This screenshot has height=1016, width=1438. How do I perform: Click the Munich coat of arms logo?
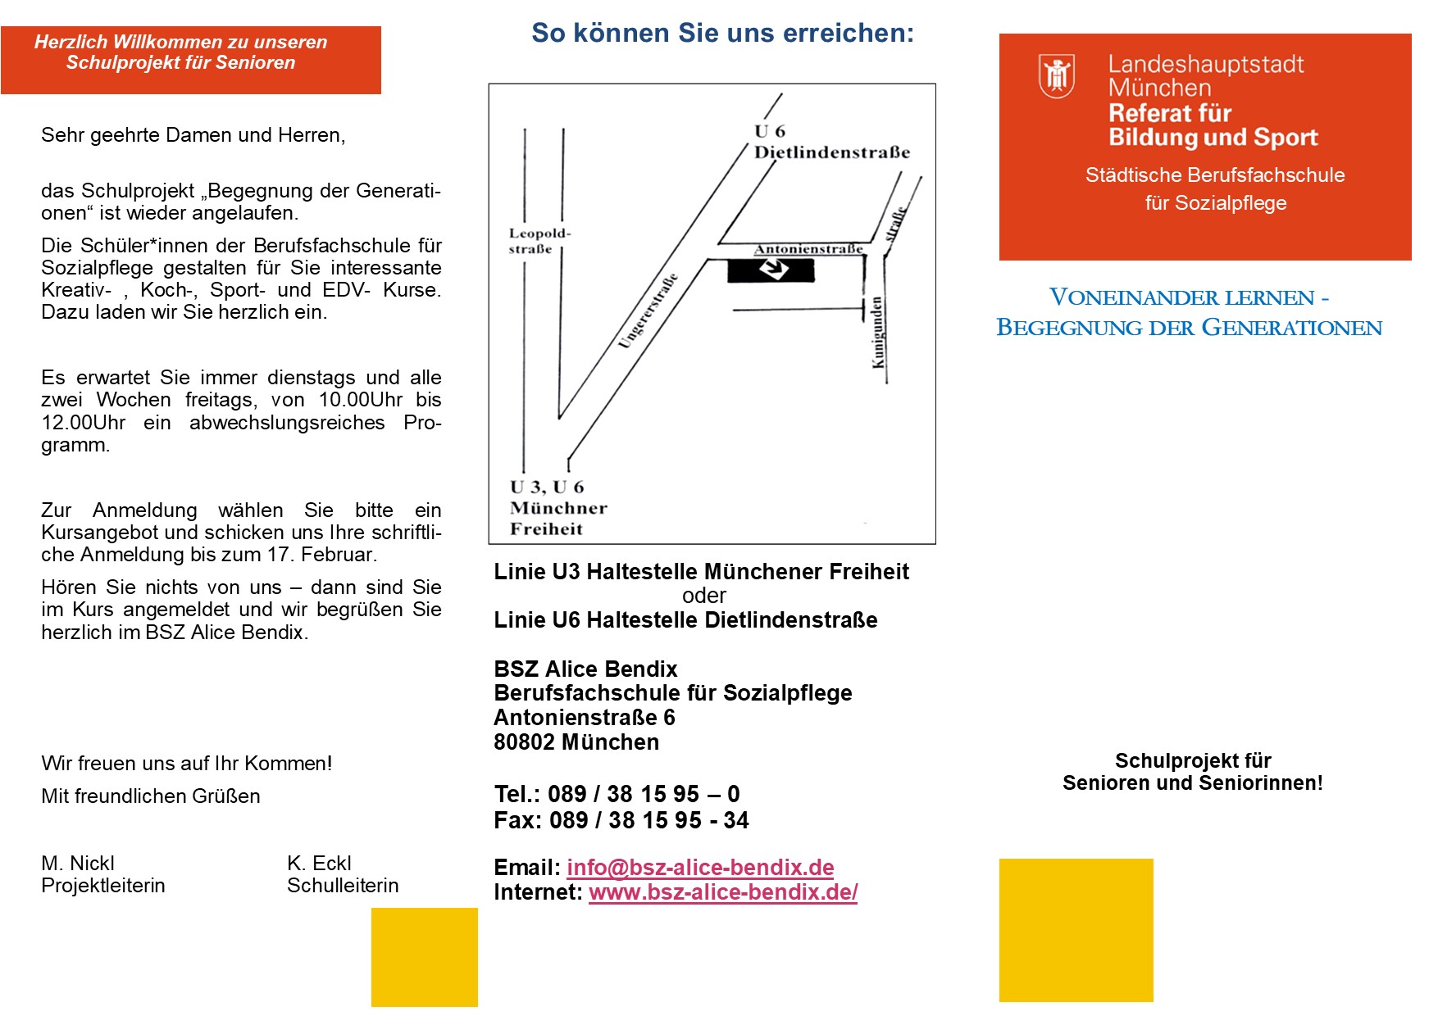point(1056,76)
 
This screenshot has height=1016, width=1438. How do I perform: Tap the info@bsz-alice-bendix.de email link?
point(700,867)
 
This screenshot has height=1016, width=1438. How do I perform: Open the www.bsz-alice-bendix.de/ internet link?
point(723,891)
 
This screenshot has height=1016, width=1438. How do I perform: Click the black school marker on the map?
point(771,270)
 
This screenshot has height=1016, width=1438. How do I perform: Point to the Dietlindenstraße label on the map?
point(831,152)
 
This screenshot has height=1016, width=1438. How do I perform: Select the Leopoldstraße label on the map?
point(539,241)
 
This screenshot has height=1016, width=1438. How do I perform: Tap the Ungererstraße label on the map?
point(648,311)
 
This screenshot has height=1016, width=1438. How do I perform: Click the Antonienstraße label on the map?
point(808,249)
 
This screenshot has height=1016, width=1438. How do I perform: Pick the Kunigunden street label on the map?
point(877,333)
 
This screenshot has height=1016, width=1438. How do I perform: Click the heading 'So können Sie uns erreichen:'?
point(722,33)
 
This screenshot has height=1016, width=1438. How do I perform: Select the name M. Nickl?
point(78,863)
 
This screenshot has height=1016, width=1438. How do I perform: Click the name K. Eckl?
point(319,863)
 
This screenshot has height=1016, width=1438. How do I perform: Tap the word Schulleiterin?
point(343,886)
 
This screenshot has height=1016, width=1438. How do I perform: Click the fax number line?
point(621,820)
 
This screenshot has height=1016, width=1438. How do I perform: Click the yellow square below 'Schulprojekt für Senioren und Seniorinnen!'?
point(1076,930)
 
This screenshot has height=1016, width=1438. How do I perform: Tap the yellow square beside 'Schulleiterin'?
point(424,957)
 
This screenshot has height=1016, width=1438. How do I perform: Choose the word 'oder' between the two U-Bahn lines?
point(704,596)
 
